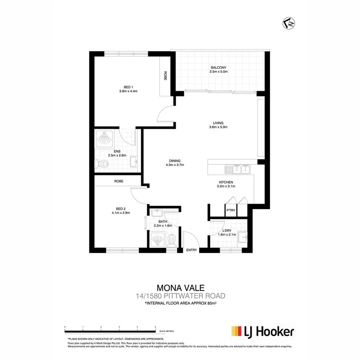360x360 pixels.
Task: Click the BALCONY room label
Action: (x=218, y=67)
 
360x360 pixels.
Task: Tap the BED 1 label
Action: (x=128, y=86)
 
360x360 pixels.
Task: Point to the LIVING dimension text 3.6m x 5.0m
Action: (x=218, y=128)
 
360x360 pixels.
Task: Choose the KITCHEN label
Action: (x=225, y=182)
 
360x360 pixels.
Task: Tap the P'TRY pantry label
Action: (x=230, y=210)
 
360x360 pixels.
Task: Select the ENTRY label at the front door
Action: (x=192, y=250)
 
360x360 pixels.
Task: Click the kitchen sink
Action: (x=238, y=170)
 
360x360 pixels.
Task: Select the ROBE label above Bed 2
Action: (x=119, y=181)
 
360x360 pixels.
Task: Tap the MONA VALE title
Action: (x=181, y=288)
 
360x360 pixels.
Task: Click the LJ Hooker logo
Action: (x=262, y=332)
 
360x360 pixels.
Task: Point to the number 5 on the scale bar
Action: (x=155, y=327)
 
